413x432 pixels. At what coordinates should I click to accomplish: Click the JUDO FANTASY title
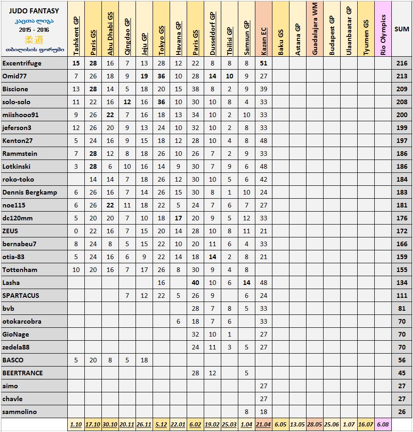[x=34, y=11]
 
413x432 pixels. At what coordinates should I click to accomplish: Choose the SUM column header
[x=401, y=29]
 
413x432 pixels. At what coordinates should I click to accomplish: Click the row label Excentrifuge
[x=22, y=63]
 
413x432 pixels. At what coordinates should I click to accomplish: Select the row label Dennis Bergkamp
[x=30, y=192]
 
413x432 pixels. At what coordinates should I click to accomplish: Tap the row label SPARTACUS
[x=21, y=296]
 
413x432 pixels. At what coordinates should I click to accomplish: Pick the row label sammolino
[x=20, y=412]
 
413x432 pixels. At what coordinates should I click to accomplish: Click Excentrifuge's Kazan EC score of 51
[x=264, y=63]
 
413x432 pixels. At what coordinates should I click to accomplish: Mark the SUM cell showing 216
[x=401, y=63]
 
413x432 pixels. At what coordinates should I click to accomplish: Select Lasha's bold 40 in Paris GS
[x=195, y=283]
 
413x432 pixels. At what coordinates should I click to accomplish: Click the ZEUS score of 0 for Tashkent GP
[x=76, y=231]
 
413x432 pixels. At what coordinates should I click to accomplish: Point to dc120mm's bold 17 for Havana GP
[x=178, y=218]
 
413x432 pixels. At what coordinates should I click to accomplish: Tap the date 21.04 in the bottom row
[x=264, y=425]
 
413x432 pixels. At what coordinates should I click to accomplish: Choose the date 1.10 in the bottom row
[x=76, y=425]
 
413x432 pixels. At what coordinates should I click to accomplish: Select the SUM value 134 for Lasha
[x=401, y=283]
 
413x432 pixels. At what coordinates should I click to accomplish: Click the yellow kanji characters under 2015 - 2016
[x=34, y=39]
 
